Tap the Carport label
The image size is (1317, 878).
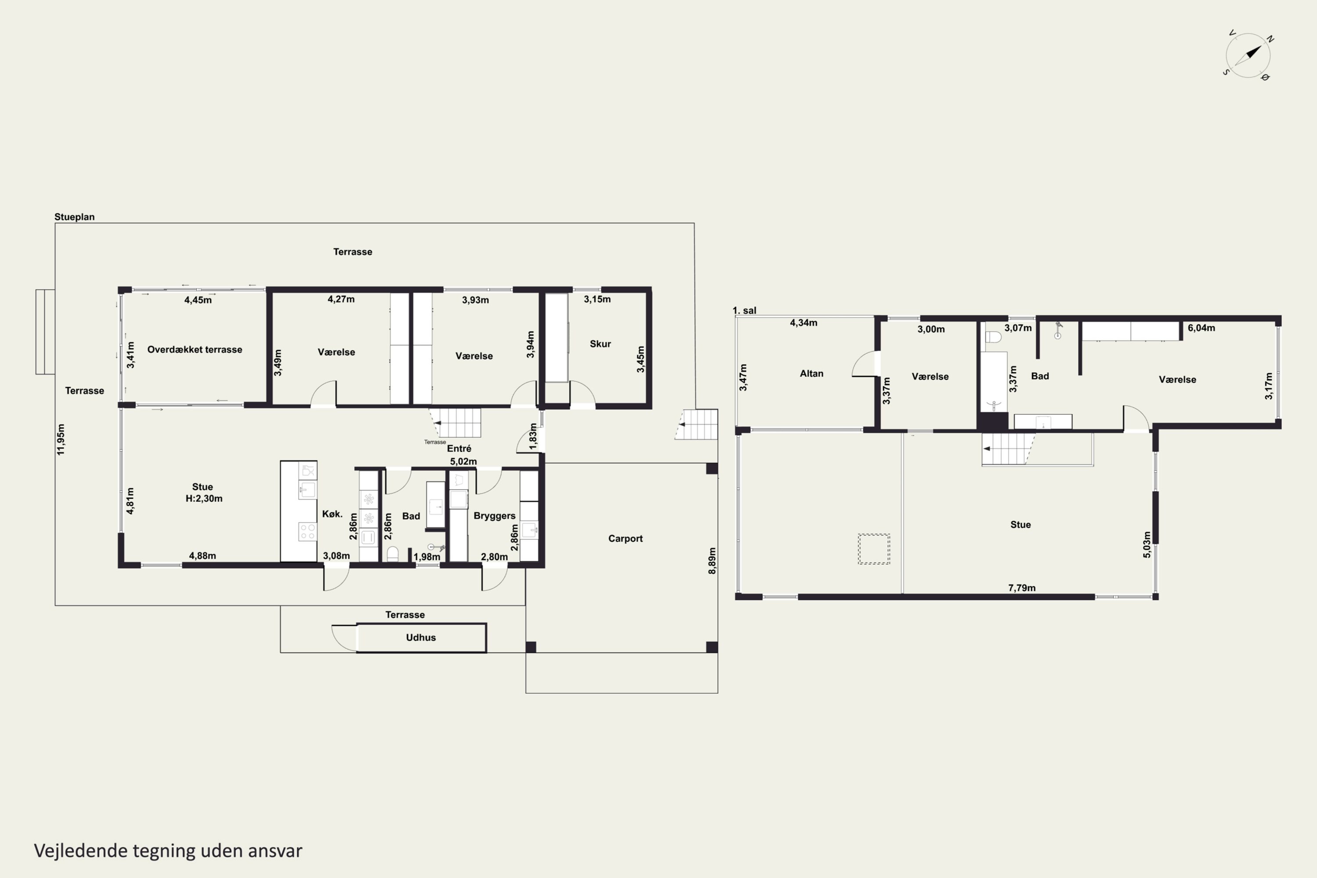626,539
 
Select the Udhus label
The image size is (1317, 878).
421,637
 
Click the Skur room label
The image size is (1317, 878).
600,344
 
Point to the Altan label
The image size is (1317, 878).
811,374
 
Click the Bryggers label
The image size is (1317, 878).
494,516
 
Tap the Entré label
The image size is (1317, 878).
459,449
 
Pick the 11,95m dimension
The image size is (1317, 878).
61,439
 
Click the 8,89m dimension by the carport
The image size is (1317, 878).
712,561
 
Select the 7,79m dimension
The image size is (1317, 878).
1022,588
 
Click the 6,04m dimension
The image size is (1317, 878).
1201,328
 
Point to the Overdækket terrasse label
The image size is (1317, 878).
195,349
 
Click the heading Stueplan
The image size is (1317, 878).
75,217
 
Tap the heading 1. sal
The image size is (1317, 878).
744,311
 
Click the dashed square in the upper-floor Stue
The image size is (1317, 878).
874,549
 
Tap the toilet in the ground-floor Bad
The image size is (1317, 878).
392,554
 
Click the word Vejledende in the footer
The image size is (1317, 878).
81,851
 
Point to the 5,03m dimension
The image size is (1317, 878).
1147,545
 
